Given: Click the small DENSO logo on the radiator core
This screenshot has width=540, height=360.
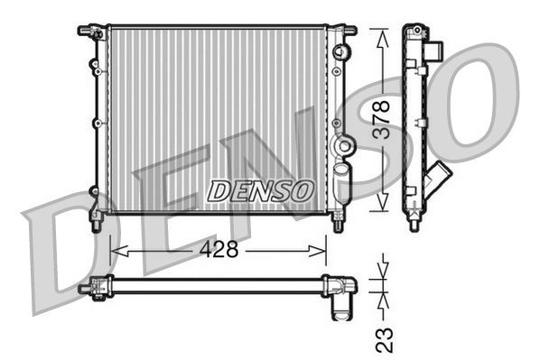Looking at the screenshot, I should point(260,190).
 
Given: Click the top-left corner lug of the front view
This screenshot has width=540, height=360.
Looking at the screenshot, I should point(88,32).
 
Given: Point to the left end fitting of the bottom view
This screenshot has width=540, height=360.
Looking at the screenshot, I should point(88,288).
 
